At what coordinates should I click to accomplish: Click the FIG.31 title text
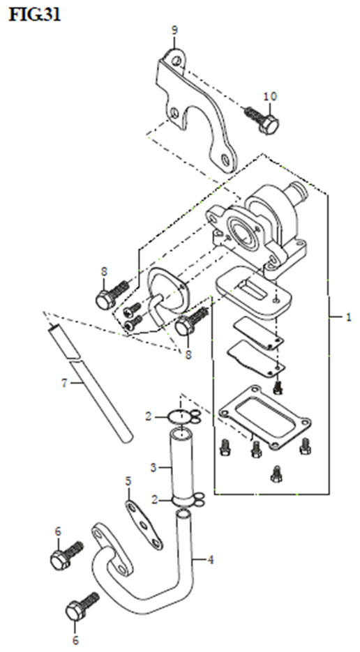(x=35, y=15)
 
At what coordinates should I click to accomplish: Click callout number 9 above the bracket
(x=174, y=31)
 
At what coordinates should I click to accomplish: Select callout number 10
(x=270, y=96)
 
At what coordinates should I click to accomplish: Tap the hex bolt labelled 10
(x=262, y=119)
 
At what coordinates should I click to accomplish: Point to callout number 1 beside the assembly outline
(x=349, y=317)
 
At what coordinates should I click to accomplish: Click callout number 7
(x=64, y=383)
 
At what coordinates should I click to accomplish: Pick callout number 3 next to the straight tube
(x=153, y=467)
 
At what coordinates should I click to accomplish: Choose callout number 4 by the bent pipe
(x=211, y=560)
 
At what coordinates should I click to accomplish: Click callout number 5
(x=128, y=482)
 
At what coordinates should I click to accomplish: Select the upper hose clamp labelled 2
(x=183, y=416)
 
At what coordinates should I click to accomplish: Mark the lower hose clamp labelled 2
(x=187, y=500)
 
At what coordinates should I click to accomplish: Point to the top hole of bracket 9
(x=178, y=62)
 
